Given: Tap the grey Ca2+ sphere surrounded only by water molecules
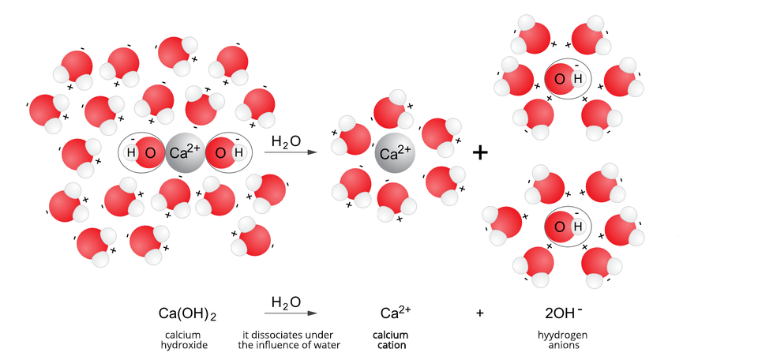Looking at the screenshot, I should pos(395,152).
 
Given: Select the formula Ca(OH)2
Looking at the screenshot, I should pos(187,314).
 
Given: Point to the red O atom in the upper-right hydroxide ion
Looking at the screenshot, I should pos(559,79).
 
